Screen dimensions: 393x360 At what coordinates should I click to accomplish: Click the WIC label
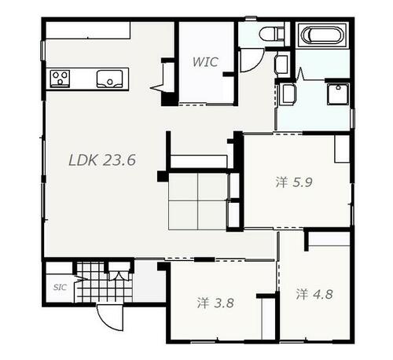(x=205, y=62)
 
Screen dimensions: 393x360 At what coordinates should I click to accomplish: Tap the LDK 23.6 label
(x=102, y=160)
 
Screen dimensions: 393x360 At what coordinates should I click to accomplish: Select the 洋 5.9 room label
(x=294, y=182)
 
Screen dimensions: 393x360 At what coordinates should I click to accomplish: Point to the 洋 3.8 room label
(x=215, y=303)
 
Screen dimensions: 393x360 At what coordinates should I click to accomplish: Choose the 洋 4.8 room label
(x=314, y=294)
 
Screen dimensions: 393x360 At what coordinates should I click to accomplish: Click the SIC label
(x=60, y=288)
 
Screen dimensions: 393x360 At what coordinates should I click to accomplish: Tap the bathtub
(x=322, y=35)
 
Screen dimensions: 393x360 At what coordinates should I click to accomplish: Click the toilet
(x=271, y=34)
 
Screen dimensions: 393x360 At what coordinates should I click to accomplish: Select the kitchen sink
(x=109, y=79)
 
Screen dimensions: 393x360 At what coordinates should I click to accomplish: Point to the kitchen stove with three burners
(x=60, y=79)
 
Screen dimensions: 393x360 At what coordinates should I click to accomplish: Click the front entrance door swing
(x=110, y=318)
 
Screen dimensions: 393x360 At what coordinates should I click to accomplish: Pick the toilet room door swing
(x=252, y=61)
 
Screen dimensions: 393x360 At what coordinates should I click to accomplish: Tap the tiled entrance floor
(x=103, y=282)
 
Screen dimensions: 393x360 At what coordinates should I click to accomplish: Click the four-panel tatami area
(x=197, y=201)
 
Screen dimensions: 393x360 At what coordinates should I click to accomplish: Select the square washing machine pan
(x=338, y=94)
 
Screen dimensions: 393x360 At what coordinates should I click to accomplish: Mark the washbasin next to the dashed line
(x=288, y=94)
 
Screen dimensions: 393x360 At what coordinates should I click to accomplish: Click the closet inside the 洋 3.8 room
(x=269, y=318)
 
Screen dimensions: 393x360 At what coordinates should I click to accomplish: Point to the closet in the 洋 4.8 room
(x=329, y=239)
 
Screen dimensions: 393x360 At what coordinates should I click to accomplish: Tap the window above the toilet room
(x=251, y=18)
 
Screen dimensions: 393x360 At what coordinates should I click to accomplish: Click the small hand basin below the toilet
(x=281, y=64)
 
